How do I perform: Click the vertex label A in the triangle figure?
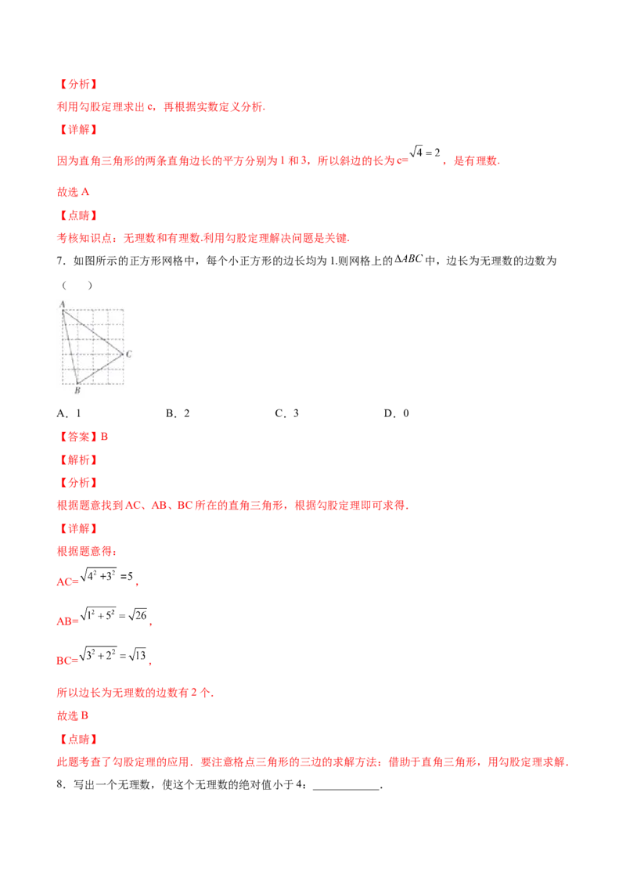(x=62, y=304)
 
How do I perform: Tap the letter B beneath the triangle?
(x=77, y=391)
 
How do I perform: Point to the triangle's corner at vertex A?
(x=63, y=310)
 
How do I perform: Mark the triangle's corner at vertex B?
(x=77, y=384)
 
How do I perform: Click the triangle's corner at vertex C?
(x=123, y=355)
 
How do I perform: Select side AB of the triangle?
(x=70, y=347)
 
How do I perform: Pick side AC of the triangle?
(x=92, y=332)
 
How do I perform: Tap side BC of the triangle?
(x=100, y=369)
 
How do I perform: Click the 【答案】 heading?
(x=77, y=437)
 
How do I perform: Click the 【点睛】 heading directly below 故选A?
(x=77, y=214)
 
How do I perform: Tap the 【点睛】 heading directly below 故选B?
(x=77, y=739)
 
